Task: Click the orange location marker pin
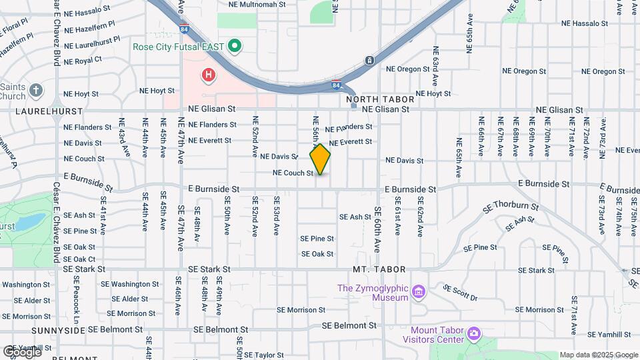pyautogui.click(x=320, y=159)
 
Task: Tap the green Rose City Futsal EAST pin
pyautogui.click(x=234, y=46)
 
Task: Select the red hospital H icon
pyautogui.click(x=209, y=75)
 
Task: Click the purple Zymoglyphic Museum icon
pyautogui.click(x=419, y=291)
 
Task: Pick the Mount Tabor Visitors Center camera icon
pyautogui.click(x=474, y=333)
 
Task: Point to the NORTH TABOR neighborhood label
pyautogui.click(x=381, y=99)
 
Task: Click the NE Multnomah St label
pyautogui.click(x=257, y=4)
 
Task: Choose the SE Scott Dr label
pyautogui.click(x=461, y=293)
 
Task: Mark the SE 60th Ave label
pyautogui.click(x=377, y=229)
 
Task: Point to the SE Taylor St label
pyautogui.click(x=255, y=355)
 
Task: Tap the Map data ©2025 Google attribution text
pyautogui.click(x=599, y=355)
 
